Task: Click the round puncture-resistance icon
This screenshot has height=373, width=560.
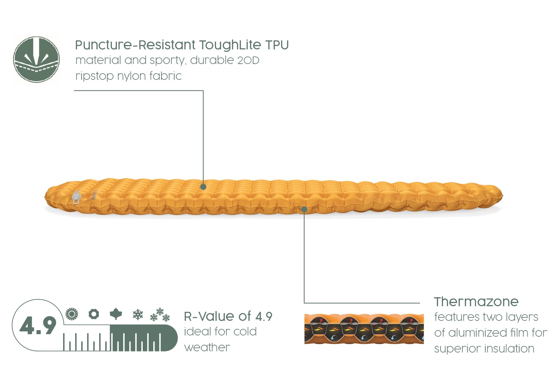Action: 36,59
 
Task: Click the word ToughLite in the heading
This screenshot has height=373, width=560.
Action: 230,45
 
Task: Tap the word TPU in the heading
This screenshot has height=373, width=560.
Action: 277,45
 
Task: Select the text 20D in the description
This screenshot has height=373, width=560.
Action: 248,60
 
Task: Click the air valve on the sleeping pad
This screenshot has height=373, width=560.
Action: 76,197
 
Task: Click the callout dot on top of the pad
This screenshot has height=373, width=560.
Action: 203,187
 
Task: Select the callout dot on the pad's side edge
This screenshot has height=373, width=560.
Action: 304,210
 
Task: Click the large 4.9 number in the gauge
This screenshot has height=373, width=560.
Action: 38,326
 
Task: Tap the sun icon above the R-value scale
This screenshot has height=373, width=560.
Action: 72,314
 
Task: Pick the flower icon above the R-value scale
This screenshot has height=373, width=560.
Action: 94,314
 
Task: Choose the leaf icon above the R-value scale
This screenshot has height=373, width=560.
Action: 116,314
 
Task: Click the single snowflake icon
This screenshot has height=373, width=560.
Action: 138,315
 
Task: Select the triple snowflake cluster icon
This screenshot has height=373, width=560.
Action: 160,315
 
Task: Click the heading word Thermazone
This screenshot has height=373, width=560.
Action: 476,302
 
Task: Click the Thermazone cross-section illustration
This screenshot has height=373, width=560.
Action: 364,329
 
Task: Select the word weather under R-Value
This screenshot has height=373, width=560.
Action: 207,348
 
